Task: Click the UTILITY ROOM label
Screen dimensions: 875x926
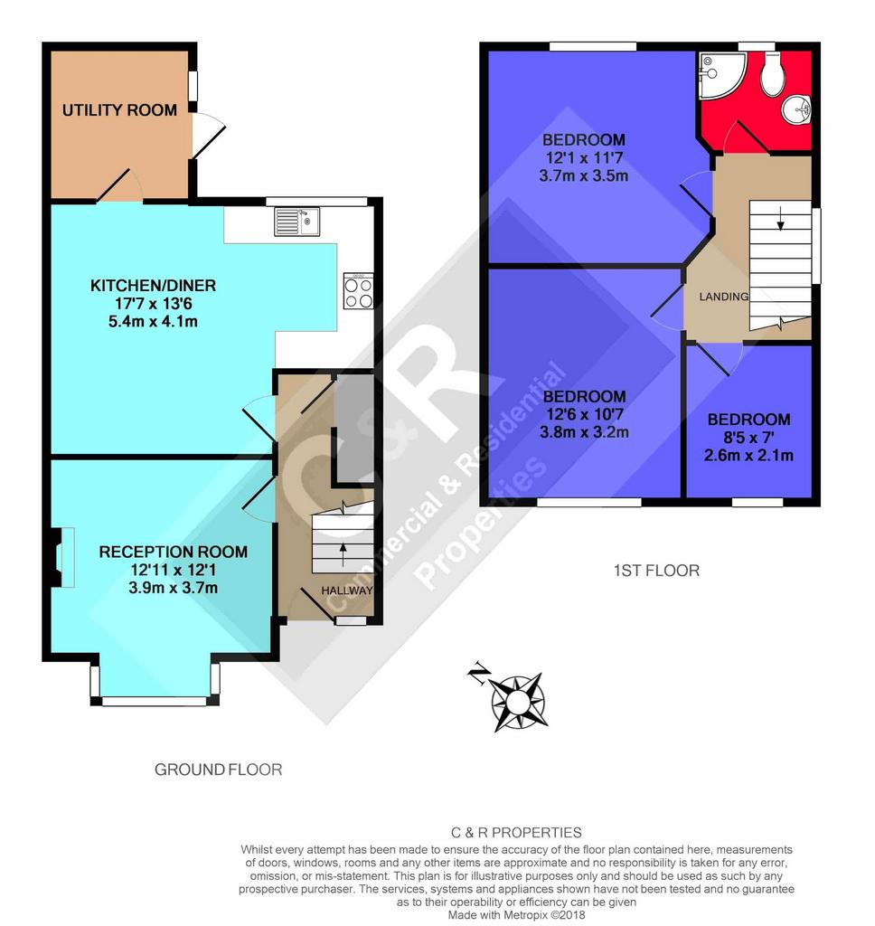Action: tap(119, 109)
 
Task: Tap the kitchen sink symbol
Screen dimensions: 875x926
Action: tap(297, 222)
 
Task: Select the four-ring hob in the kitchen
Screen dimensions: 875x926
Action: tap(358, 291)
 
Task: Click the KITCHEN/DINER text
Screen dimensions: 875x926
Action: tap(153, 286)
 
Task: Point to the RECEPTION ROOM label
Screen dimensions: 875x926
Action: tap(173, 553)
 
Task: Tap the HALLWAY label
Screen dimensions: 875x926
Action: tap(347, 590)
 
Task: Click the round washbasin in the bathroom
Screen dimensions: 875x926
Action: tap(796, 109)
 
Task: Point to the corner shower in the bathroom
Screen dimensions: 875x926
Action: tap(721, 75)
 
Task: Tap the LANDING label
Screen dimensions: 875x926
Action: tap(724, 297)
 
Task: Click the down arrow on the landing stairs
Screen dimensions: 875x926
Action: tap(780, 218)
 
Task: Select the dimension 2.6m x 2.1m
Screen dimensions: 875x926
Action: tap(748, 456)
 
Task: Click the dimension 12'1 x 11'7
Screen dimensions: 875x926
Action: tap(584, 157)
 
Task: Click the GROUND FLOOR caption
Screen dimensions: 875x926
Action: tap(219, 770)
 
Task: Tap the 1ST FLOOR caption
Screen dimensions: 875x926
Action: tap(656, 571)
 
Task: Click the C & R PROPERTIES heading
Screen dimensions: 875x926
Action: tap(517, 833)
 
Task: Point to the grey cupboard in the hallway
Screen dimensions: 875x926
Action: tap(354, 428)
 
